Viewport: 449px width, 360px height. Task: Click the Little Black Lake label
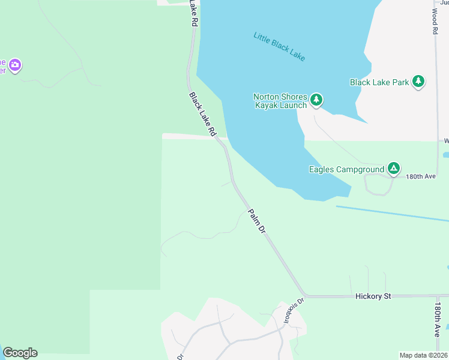pos(279,47)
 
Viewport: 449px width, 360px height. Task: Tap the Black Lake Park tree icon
pos(418,82)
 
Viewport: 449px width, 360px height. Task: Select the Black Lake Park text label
pos(379,82)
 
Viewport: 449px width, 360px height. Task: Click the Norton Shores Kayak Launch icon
pos(316,100)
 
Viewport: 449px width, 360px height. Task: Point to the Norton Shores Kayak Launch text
pos(280,101)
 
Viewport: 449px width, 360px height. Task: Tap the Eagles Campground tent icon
pos(393,169)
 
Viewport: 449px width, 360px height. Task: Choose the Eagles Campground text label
pos(346,170)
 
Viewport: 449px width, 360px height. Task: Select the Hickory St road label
pos(373,296)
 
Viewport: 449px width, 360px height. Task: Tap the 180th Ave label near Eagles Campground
pos(420,177)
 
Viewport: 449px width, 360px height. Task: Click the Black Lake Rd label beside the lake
pos(202,113)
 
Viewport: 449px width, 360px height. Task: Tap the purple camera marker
pos(15,65)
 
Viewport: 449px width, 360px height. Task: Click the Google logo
pos(20,353)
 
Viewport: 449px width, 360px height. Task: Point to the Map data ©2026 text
pos(423,355)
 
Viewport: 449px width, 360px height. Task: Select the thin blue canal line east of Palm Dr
pos(390,214)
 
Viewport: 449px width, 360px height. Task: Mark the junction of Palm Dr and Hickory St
pos(304,295)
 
